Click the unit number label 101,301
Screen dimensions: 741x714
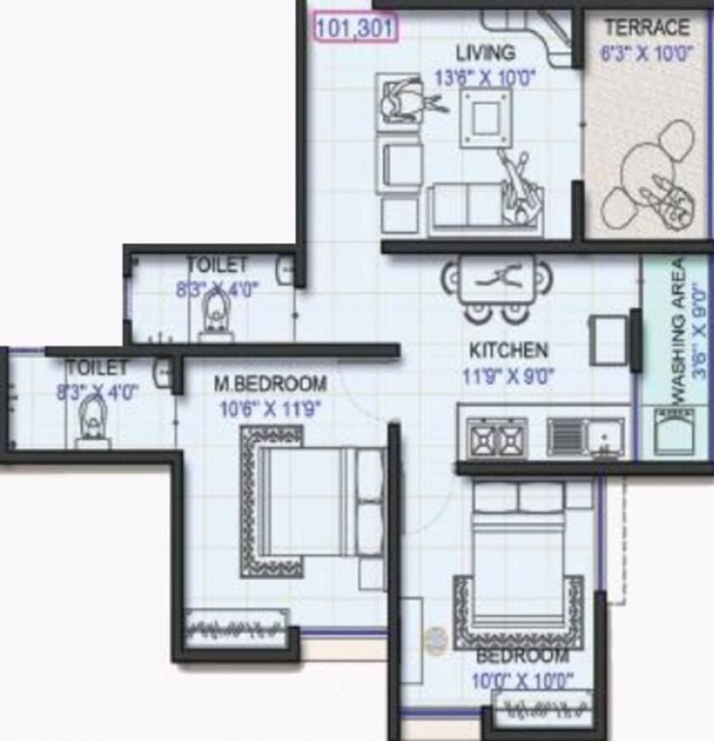(x=354, y=27)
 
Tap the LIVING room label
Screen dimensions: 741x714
(x=486, y=52)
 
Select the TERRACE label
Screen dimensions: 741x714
(x=646, y=28)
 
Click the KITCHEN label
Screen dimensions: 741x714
(x=508, y=350)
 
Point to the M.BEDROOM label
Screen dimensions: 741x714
(x=270, y=384)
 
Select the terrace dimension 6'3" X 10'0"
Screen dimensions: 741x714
(x=646, y=54)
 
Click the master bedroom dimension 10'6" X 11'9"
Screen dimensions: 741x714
(x=270, y=409)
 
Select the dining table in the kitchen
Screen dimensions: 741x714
(x=498, y=280)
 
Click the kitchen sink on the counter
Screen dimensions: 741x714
(x=585, y=437)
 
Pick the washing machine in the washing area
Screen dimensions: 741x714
(x=673, y=431)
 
